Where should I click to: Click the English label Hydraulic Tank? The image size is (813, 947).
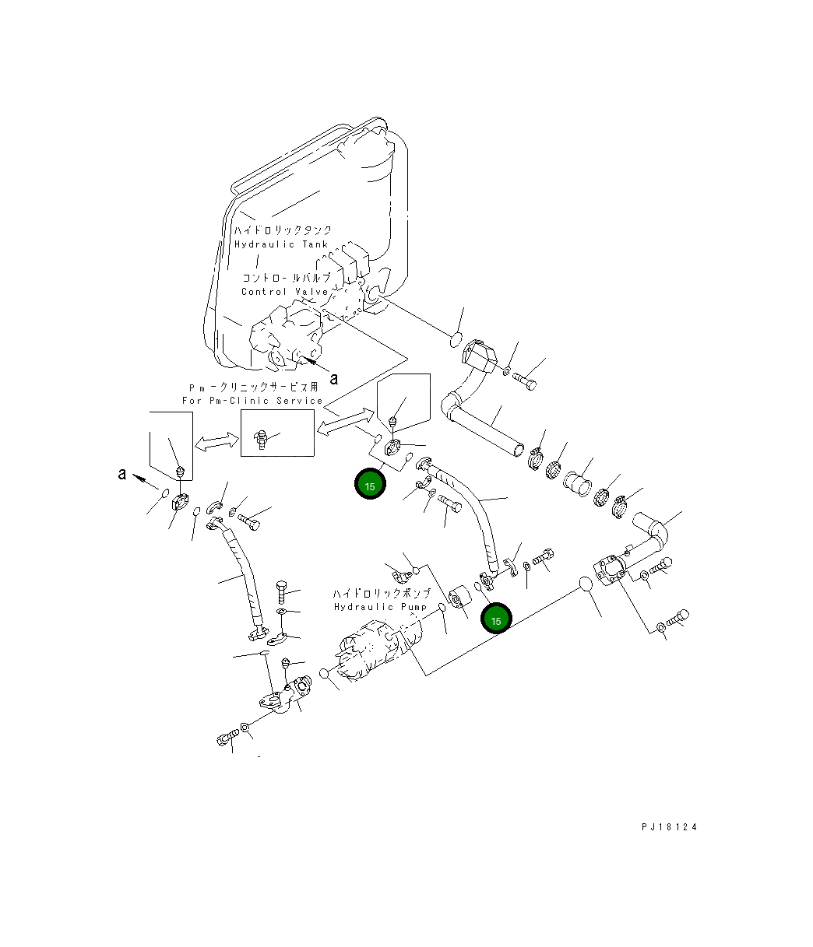(281, 244)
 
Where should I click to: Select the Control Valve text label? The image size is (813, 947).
(284, 292)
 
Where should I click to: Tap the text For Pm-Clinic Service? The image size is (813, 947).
(252, 401)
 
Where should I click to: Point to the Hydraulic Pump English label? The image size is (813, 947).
(380, 606)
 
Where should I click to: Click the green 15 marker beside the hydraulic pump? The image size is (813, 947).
(496, 619)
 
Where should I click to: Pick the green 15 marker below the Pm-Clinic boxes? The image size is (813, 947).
(370, 486)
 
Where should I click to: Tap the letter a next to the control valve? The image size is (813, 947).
(334, 378)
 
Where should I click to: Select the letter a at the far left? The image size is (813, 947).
(121, 473)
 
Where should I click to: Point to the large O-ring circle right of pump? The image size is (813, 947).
(586, 585)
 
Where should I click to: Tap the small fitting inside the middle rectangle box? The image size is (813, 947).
(262, 439)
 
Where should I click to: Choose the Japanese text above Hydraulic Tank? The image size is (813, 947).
(283, 231)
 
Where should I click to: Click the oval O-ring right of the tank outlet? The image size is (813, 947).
(456, 339)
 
